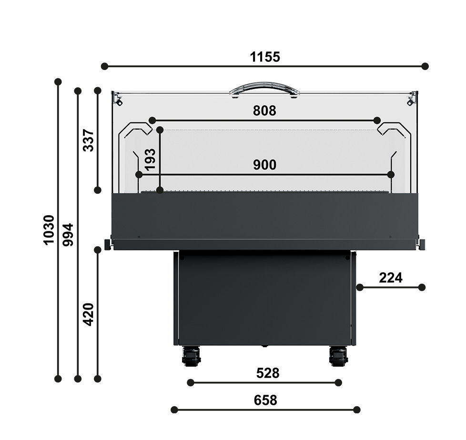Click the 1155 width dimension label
[x=265, y=57]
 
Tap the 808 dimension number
[x=264, y=110]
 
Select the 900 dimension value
[x=265, y=165]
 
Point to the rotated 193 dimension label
[x=150, y=159]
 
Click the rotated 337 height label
[x=88, y=140]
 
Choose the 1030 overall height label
[x=49, y=230]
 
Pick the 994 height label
[x=68, y=235]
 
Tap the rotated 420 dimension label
[x=88, y=314]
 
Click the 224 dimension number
[x=391, y=278]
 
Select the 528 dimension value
[x=268, y=373]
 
